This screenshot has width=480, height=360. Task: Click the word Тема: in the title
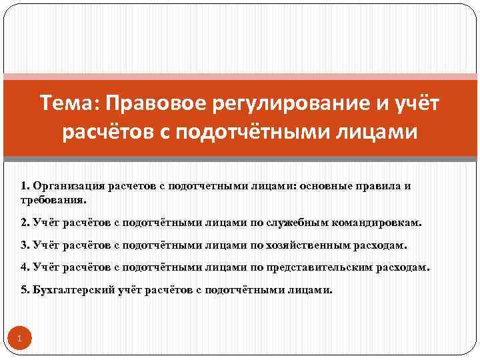(65, 103)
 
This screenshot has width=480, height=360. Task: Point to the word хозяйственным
(307, 245)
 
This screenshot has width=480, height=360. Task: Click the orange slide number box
(20, 339)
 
